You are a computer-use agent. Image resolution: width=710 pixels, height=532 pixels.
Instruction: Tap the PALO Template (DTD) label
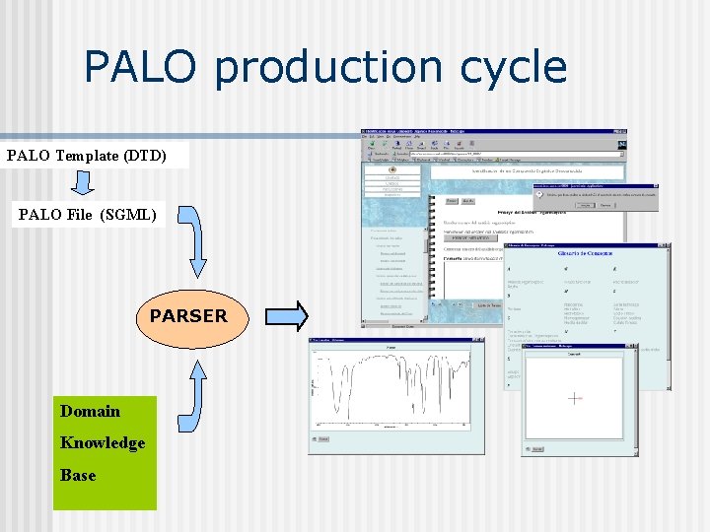point(87,156)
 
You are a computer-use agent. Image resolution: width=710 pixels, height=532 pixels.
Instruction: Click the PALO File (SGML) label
point(88,214)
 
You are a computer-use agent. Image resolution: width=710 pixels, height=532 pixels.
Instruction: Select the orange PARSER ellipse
point(187,316)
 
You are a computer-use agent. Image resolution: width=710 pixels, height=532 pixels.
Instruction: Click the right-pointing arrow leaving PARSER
point(286,316)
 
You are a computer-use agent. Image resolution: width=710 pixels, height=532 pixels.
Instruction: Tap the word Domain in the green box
point(90,411)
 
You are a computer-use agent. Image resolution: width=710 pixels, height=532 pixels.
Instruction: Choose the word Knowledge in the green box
point(103,442)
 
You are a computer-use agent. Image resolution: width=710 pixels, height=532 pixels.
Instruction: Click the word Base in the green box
point(78,475)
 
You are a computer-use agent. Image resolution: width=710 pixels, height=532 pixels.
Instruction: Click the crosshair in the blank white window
point(574,398)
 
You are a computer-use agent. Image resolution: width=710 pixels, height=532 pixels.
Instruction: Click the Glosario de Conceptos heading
point(587,254)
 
